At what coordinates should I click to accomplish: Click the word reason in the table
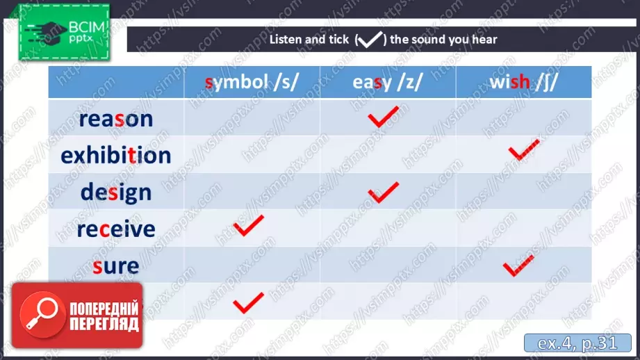pyautogui.click(x=116, y=119)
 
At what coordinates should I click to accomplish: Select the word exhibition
pyautogui.click(x=116, y=155)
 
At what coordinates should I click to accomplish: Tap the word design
pyautogui.click(x=116, y=191)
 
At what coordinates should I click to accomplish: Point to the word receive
pyautogui.click(x=116, y=229)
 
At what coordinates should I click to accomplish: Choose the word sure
pyautogui.click(x=116, y=265)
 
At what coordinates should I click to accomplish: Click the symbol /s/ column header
pyautogui.click(x=252, y=83)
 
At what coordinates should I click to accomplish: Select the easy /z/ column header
pyautogui.click(x=388, y=83)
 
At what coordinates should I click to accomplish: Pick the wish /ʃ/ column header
pyautogui.click(x=523, y=83)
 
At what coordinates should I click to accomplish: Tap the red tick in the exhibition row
pyautogui.click(x=523, y=149)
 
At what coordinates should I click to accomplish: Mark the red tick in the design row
pyautogui.click(x=383, y=192)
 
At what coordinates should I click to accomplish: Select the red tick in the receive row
pyautogui.click(x=248, y=226)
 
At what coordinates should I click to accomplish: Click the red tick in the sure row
pyautogui.click(x=518, y=266)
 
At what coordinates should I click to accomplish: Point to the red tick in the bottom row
pyautogui.click(x=248, y=302)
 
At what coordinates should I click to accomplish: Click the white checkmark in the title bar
pyautogui.click(x=371, y=40)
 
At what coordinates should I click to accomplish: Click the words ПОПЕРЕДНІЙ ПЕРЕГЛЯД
pyautogui.click(x=104, y=316)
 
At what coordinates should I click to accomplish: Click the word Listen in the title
pyautogui.click(x=288, y=40)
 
